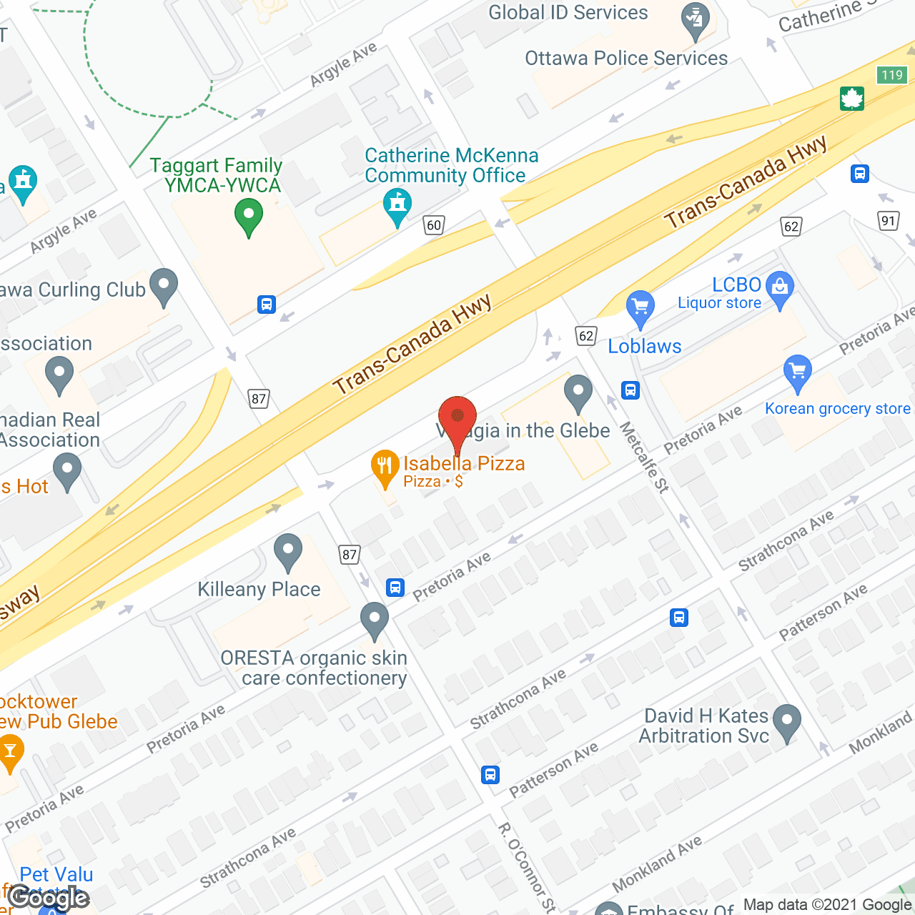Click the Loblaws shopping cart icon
coord(640,307)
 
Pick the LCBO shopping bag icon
coord(780,287)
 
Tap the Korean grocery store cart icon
coord(797,371)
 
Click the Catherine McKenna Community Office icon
coord(397,205)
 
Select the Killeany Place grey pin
coord(288,551)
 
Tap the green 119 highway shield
coord(892,75)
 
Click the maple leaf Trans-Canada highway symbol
coord(852,98)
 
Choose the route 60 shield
coord(434,225)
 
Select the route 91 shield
coord(888,220)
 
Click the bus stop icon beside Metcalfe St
coord(630,390)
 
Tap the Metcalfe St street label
coord(644,457)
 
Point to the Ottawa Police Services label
coord(626,59)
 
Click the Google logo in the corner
coord(49,897)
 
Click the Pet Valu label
coord(56,874)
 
